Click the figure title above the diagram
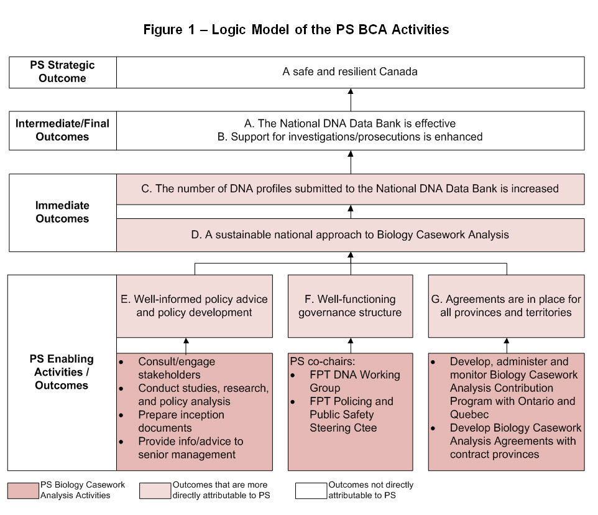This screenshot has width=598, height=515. [x=296, y=30]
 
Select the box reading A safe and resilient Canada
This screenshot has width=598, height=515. [x=350, y=72]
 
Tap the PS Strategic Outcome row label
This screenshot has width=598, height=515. [x=62, y=72]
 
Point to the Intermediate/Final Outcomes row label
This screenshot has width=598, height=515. [x=62, y=130]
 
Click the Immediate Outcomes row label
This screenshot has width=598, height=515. [x=62, y=212]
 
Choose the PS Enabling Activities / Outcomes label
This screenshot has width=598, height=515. [x=62, y=372]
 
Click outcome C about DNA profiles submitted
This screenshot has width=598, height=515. [x=350, y=188]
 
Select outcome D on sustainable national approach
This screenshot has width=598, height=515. [x=350, y=234]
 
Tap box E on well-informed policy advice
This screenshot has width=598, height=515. [x=194, y=305]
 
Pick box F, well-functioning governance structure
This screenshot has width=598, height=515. [x=350, y=305]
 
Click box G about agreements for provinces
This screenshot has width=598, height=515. [x=506, y=305]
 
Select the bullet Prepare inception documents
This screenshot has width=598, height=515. [x=182, y=421]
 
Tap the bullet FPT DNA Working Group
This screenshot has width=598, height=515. [x=354, y=381]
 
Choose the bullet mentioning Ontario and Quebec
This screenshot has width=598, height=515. [x=512, y=388]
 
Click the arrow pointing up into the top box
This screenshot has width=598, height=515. [x=350, y=99]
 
